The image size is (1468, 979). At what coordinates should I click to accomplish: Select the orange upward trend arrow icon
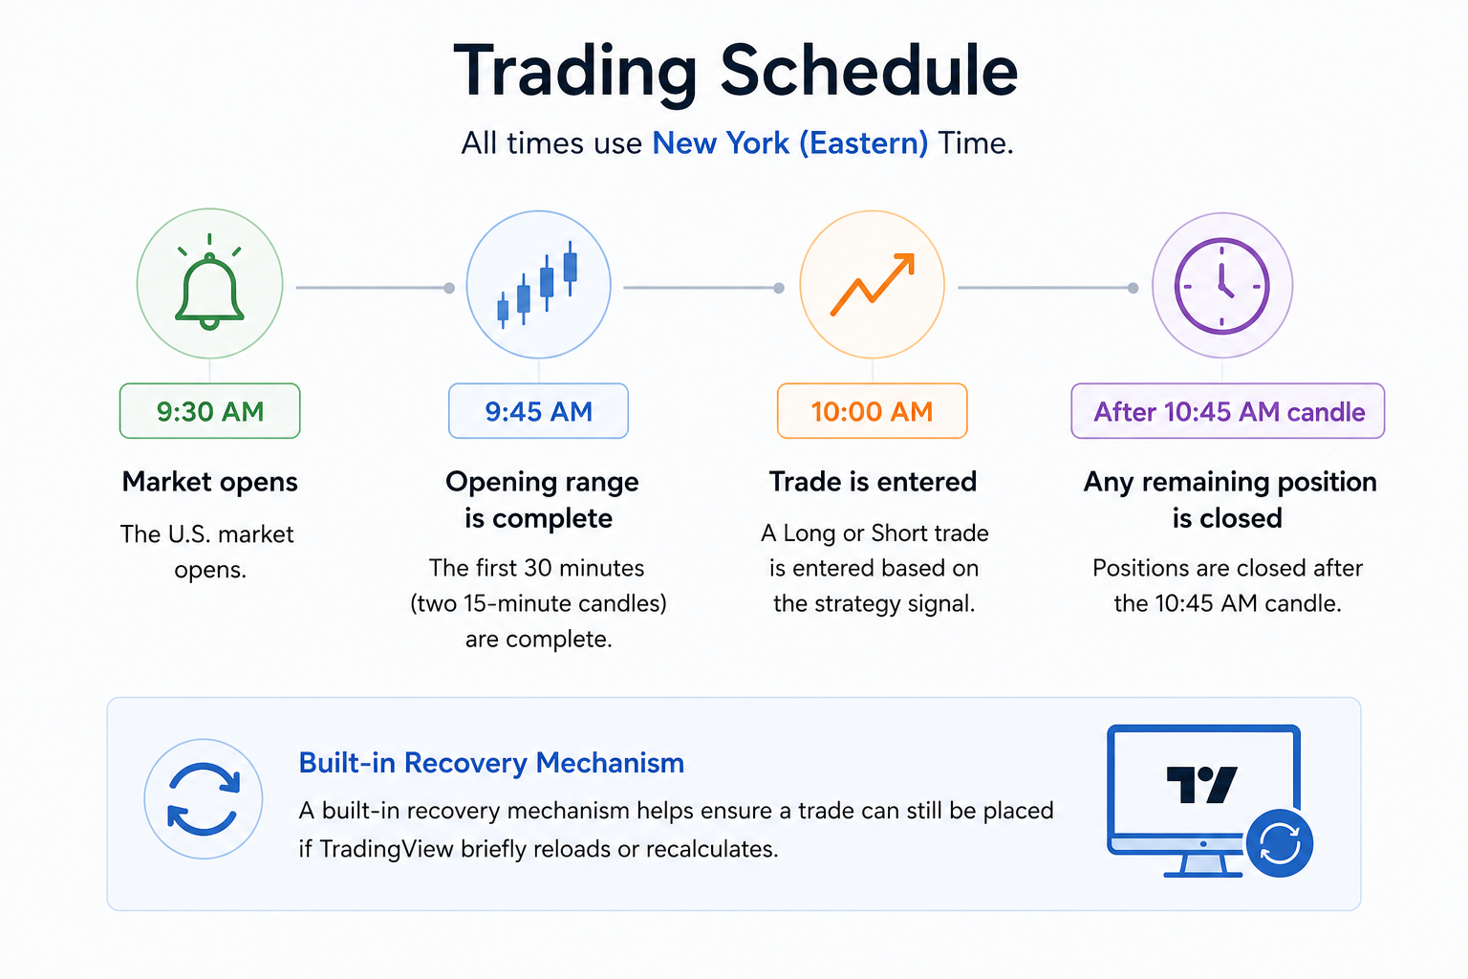[873, 285]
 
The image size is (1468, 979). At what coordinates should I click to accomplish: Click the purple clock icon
[1222, 286]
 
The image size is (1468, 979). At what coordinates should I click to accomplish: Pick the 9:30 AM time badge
[209, 411]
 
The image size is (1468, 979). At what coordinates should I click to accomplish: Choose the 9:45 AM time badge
[538, 411]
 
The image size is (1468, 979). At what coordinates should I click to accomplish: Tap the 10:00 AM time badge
[873, 411]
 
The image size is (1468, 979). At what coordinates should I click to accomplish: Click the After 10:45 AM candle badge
[1228, 411]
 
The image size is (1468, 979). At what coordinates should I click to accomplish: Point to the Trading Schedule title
[735, 72]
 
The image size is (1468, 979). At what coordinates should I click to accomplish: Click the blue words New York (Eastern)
[789, 143]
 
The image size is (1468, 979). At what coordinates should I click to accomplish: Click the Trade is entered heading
[873, 482]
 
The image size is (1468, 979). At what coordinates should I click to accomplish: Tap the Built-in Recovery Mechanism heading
[491, 763]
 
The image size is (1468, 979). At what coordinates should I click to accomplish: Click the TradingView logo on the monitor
[1202, 784]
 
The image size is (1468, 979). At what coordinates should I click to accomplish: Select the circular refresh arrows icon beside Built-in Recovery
[204, 798]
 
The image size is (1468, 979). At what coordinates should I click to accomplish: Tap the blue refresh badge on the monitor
[1280, 843]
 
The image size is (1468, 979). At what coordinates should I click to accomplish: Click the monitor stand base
[1203, 873]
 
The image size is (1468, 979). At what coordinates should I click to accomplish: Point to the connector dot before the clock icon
[1133, 288]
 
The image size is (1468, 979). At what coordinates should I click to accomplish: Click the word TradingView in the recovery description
[386, 849]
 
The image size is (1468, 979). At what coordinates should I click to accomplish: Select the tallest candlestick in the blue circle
[571, 269]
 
